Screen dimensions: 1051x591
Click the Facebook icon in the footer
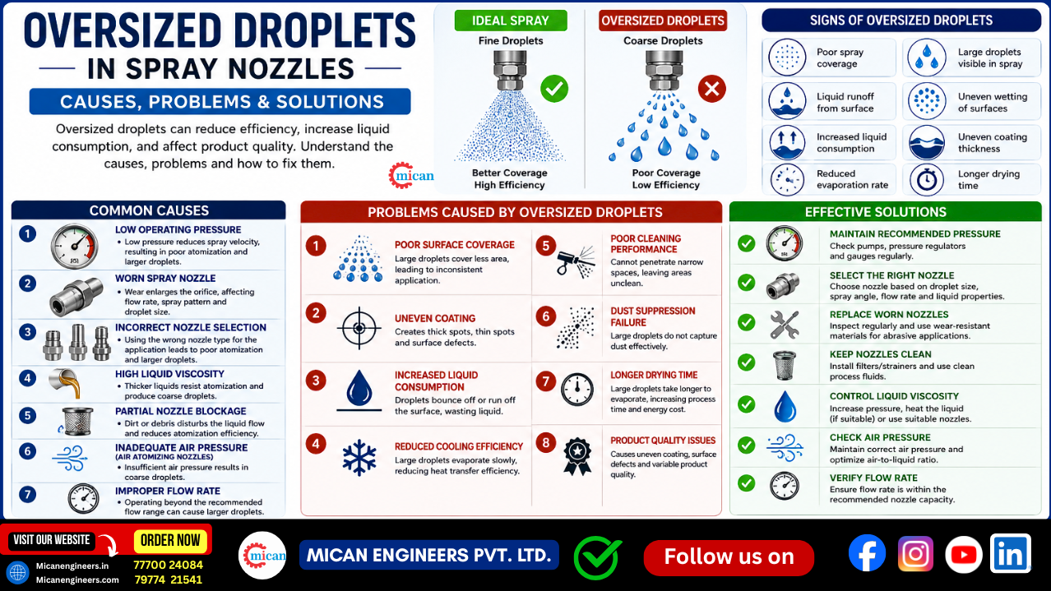coord(867,553)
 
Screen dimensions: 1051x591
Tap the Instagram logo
coord(915,554)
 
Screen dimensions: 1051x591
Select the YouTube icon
coord(963,555)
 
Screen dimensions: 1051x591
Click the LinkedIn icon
coord(1011,553)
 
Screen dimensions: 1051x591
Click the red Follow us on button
coord(729,557)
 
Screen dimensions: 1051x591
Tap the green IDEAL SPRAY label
coord(511,21)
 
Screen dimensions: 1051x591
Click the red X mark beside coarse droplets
coord(712,89)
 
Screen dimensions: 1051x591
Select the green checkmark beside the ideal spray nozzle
coord(554,89)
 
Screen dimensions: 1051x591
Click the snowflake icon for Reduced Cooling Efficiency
coord(359,458)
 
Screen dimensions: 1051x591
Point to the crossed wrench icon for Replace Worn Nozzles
coord(784,325)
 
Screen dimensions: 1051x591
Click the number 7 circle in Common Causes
coord(28,494)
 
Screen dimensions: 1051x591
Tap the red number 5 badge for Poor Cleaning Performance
coord(546,246)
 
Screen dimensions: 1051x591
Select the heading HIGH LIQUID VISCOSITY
coord(169,374)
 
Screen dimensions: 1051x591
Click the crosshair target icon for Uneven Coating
coord(359,328)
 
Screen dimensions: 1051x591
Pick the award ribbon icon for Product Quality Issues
coord(577,457)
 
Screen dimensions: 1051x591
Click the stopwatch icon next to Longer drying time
coord(927,180)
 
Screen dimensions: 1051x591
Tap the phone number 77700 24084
coord(168,565)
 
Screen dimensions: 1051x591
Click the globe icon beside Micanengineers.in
coord(17,573)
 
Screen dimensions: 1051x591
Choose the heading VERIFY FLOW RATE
coord(873,478)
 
